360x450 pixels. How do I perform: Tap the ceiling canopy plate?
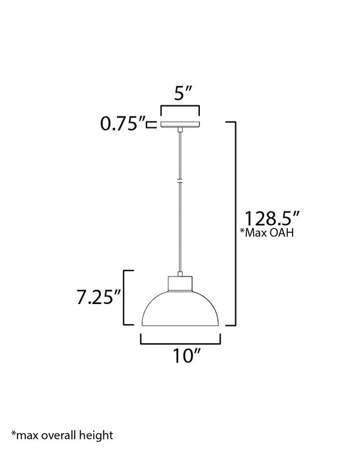point(181,124)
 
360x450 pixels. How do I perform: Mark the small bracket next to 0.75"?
point(150,124)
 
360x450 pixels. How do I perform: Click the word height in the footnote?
point(97,436)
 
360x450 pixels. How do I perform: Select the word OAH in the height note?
point(281,233)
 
